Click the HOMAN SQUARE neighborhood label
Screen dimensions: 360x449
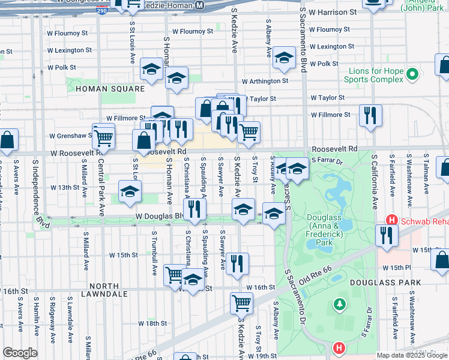[110, 89]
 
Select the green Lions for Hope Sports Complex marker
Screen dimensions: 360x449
[412, 74]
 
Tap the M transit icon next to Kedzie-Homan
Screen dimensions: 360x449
[199, 5]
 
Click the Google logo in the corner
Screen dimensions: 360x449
[20, 353]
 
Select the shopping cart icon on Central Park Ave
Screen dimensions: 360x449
[103, 136]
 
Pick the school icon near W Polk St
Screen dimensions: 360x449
[284, 58]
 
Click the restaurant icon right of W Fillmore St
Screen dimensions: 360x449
[370, 114]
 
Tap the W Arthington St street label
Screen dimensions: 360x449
[265, 81]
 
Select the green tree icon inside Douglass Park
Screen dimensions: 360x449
[340, 305]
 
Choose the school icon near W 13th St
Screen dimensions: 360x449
[130, 192]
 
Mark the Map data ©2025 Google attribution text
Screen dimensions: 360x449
[412, 355]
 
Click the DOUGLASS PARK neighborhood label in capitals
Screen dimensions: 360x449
[409, 282]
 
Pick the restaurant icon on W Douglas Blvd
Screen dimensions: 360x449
[194, 209]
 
